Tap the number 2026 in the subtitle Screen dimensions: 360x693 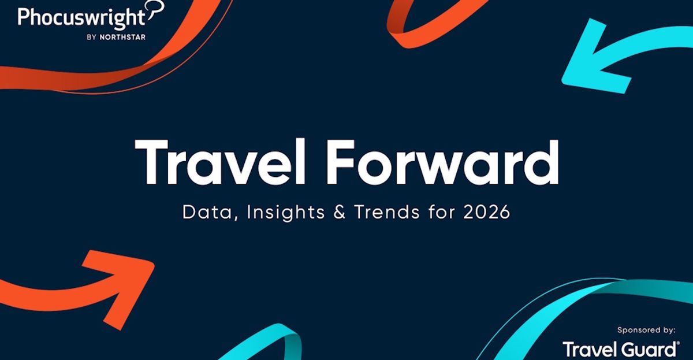pos(487,212)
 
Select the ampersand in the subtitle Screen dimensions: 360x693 pos(339,212)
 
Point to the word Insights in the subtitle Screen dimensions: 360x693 pos(284,213)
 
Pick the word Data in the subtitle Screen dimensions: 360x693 pos(208,213)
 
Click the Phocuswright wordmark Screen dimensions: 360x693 pos(81,18)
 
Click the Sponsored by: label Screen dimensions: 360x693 pos(646,330)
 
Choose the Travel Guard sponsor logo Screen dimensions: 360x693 pos(620,349)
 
